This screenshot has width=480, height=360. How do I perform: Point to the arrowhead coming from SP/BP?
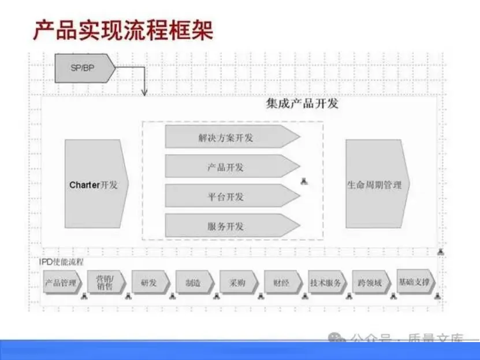point(144,92)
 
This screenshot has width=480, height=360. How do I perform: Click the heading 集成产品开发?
point(302,103)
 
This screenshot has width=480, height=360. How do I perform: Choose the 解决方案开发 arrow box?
point(231,138)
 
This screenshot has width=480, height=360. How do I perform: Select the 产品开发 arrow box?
point(231,167)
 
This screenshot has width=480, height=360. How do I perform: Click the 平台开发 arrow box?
point(231,196)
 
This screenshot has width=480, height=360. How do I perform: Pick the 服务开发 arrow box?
point(231,226)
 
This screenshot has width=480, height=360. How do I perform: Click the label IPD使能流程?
point(61,262)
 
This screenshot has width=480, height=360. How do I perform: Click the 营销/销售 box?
point(106,283)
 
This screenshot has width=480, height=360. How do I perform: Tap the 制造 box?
point(194,283)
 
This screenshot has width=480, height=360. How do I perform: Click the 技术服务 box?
point(327,283)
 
